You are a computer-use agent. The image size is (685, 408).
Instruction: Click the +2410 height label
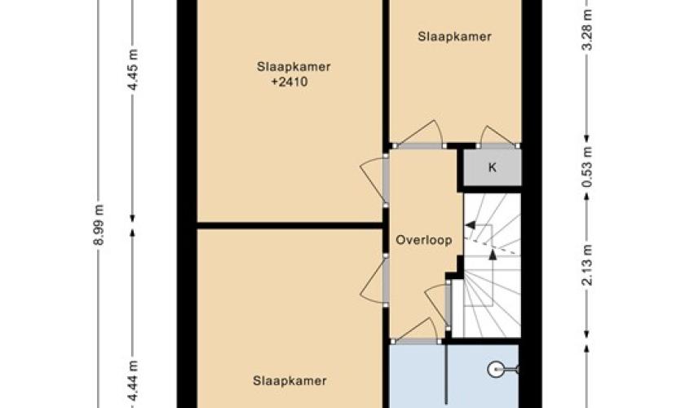click(x=289, y=82)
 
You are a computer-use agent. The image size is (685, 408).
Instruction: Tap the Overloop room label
click(x=424, y=240)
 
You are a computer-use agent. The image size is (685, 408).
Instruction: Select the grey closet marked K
click(x=492, y=167)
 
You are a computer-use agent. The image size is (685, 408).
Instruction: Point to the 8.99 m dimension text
click(x=99, y=224)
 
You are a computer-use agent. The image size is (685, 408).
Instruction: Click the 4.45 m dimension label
click(x=134, y=70)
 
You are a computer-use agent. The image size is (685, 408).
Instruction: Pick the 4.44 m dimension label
click(x=134, y=380)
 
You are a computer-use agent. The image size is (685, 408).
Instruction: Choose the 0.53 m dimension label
click(x=588, y=167)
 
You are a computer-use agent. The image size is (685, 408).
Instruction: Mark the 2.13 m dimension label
click(x=588, y=265)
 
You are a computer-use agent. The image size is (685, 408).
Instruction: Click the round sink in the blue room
click(x=496, y=370)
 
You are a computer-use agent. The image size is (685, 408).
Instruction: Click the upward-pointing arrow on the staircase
click(x=493, y=255)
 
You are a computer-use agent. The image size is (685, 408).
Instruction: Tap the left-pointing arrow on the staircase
click(x=471, y=225)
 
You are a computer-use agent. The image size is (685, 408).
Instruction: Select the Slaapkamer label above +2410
click(x=294, y=67)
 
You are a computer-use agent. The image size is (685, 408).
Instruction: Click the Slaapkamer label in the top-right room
click(x=454, y=36)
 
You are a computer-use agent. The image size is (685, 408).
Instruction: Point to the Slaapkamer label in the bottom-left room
click(x=289, y=381)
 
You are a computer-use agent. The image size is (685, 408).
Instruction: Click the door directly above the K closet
click(x=497, y=136)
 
